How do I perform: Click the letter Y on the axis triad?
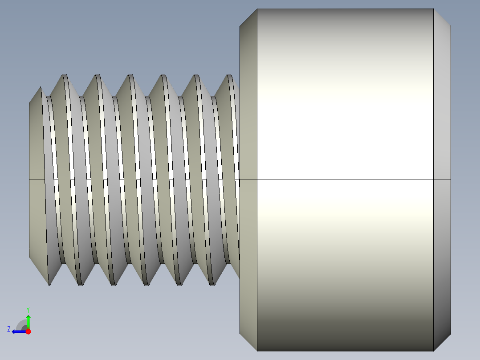(x=28, y=309)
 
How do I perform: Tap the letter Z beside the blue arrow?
(x=9, y=329)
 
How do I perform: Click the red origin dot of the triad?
(x=28, y=331)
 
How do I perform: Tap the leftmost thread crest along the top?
(x=64, y=76)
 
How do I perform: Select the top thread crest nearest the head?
(x=230, y=76)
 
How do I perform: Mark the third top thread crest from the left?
(x=130, y=76)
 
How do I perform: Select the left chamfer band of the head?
(x=248, y=134)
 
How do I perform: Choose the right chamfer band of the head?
(x=442, y=134)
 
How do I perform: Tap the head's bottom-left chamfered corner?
(x=248, y=342)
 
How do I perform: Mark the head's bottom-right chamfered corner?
(x=442, y=342)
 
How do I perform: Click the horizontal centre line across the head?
(x=345, y=180)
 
